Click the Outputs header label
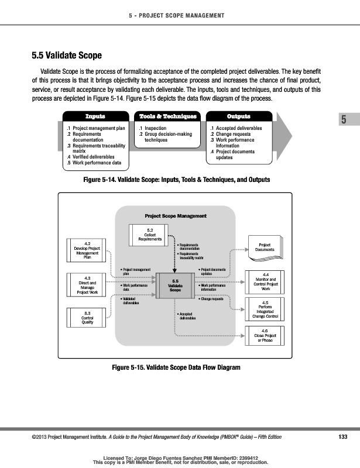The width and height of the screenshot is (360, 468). click(238, 116)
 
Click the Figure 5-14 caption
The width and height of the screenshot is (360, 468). click(178, 178)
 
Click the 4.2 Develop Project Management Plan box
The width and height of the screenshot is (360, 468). click(87, 249)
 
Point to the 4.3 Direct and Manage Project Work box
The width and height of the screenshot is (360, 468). click(87, 285)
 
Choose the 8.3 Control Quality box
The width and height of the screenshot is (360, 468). click(87, 319)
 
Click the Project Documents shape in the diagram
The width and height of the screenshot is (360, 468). click(264, 247)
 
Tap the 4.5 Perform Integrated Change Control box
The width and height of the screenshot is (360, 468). click(266, 309)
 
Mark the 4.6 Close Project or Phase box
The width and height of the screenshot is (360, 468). click(266, 336)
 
